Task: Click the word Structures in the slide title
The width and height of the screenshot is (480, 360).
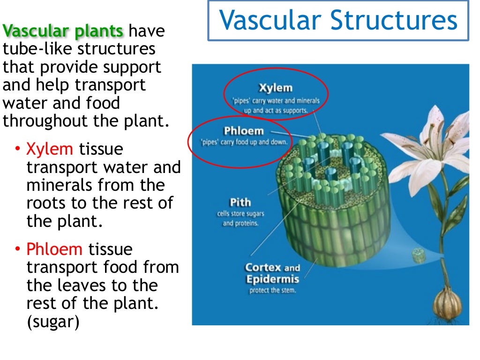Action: pos(392,21)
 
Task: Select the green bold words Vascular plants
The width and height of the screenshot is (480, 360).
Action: pos(63,31)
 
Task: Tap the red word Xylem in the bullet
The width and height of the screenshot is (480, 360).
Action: pos(50,150)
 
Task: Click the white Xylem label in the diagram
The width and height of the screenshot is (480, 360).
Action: pos(275,88)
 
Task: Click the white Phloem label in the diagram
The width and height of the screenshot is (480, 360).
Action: pos(244,131)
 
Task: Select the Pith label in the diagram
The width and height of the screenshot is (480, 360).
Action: pos(240,203)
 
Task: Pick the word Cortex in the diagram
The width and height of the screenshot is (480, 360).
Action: pos(263,268)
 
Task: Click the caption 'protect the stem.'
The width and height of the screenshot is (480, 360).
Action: pos(272,291)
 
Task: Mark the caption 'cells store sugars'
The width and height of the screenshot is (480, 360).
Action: pos(240,214)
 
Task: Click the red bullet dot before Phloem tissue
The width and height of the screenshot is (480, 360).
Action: pos(18,249)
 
